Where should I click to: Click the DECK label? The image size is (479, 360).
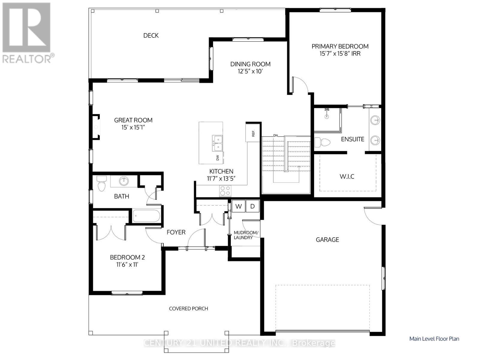pyautogui.click(x=151, y=35)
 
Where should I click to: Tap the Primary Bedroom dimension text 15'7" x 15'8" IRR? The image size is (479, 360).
pyautogui.click(x=340, y=54)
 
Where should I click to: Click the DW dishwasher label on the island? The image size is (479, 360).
pyautogui.click(x=218, y=157)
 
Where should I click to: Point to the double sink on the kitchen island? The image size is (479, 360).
pyautogui.click(x=218, y=143)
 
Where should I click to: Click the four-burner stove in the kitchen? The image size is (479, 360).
pyautogui.click(x=225, y=191)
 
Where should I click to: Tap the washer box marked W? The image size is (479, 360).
pyautogui.click(x=239, y=206)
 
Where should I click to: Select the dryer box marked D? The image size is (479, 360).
pyautogui.click(x=252, y=206)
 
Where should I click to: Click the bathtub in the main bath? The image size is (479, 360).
pyautogui.click(x=147, y=216)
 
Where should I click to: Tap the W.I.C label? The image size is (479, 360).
pyautogui.click(x=347, y=176)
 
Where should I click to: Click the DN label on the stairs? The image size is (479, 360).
pyautogui.click(x=275, y=136)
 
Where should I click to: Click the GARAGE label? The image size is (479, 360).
pyautogui.click(x=327, y=239)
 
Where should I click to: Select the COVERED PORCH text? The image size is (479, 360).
pyautogui.click(x=188, y=308)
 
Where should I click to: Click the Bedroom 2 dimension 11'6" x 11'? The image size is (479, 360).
pyautogui.click(x=127, y=265)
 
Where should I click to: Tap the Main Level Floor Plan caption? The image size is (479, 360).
pyautogui.click(x=434, y=339)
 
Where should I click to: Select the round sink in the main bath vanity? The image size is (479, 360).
pyautogui.click(x=124, y=181)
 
